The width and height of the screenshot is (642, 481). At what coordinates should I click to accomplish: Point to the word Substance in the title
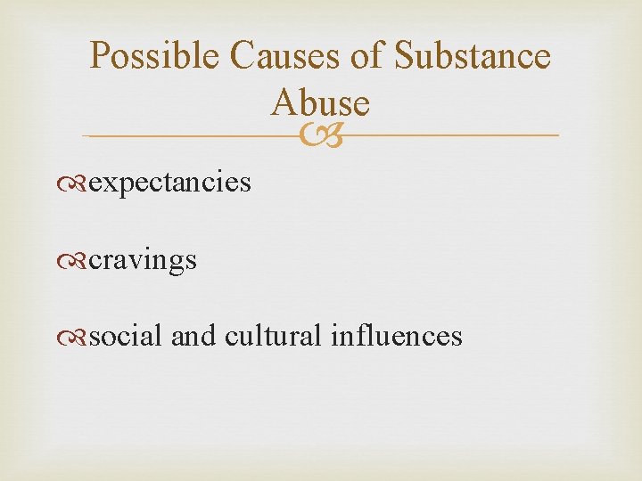[x=472, y=57]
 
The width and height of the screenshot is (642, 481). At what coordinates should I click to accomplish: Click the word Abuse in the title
[x=321, y=103]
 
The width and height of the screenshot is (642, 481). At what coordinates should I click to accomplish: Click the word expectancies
[x=170, y=183]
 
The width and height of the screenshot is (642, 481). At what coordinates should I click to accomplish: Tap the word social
[x=126, y=336]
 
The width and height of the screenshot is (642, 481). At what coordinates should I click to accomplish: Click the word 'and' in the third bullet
[x=193, y=336]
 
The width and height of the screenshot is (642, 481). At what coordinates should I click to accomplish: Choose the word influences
[x=396, y=336]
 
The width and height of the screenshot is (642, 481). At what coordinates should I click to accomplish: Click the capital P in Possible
[x=101, y=57]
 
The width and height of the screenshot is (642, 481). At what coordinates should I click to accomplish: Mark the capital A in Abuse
[x=283, y=103]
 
